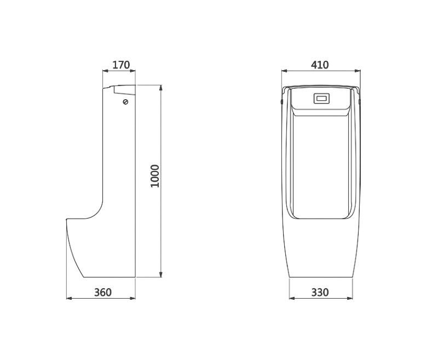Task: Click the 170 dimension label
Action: coord(121,65)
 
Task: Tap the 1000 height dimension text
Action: coord(155,176)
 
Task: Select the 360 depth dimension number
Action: coord(103,293)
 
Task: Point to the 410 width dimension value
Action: coord(320,65)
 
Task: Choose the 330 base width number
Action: coord(320,293)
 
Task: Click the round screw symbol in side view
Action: coord(126,102)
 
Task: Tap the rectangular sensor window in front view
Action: coord(322,99)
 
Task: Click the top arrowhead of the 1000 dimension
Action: coord(160,88)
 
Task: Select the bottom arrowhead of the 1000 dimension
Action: coord(160,275)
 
